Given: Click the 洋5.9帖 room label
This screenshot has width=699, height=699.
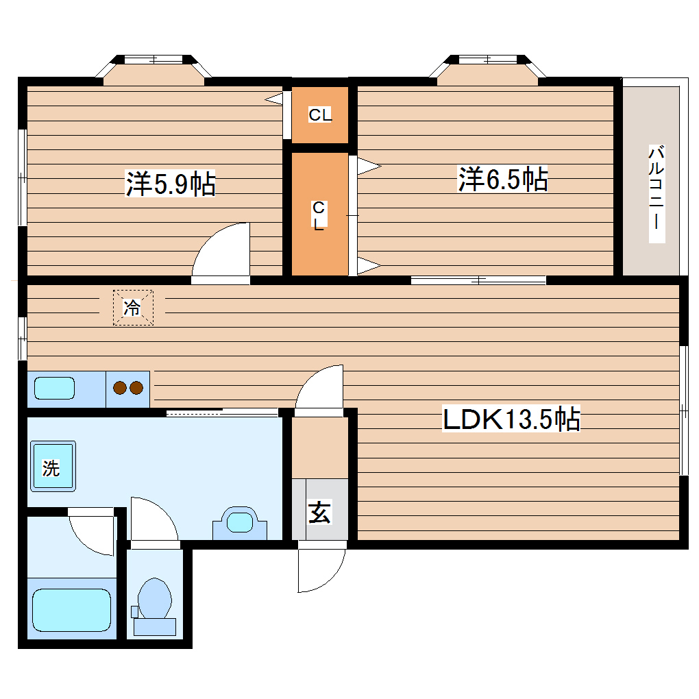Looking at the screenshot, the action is pyautogui.click(x=170, y=183).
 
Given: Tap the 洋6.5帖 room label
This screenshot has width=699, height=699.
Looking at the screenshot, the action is pyautogui.click(x=503, y=180).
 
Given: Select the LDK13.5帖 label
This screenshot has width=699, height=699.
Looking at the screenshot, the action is pyautogui.click(x=511, y=419).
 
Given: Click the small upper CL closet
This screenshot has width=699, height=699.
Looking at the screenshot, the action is pyautogui.click(x=320, y=115).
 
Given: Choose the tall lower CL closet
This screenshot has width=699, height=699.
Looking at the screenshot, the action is pyautogui.click(x=320, y=214).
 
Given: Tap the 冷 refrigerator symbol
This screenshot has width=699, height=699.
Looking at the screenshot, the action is pyautogui.click(x=133, y=308).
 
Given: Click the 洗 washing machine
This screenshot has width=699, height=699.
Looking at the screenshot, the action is pyautogui.click(x=53, y=466).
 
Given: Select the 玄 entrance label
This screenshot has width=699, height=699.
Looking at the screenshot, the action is pyautogui.click(x=319, y=512).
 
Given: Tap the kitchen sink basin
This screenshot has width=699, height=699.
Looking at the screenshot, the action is pyautogui.click(x=54, y=388).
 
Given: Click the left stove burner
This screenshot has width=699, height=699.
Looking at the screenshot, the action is pyautogui.click(x=120, y=388).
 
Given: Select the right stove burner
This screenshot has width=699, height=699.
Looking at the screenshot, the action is pyautogui.click(x=136, y=388).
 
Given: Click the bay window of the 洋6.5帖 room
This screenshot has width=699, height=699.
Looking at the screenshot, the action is pyautogui.click(x=488, y=70).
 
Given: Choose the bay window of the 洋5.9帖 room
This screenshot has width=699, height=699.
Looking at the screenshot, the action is pyautogui.click(x=154, y=70).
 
